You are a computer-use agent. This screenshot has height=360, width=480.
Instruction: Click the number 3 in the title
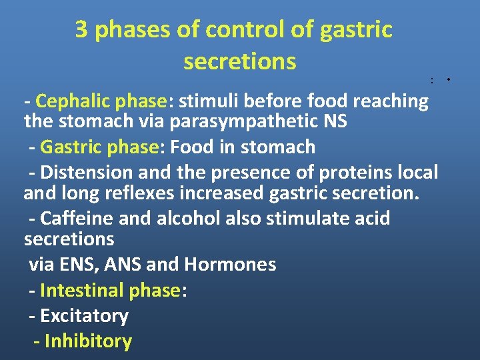[x=81, y=30]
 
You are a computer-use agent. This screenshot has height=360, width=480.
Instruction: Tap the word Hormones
[x=230, y=265]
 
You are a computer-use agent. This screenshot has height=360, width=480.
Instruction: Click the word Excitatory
[x=84, y=316]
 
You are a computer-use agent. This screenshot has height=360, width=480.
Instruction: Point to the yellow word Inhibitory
[x=88, y=341]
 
